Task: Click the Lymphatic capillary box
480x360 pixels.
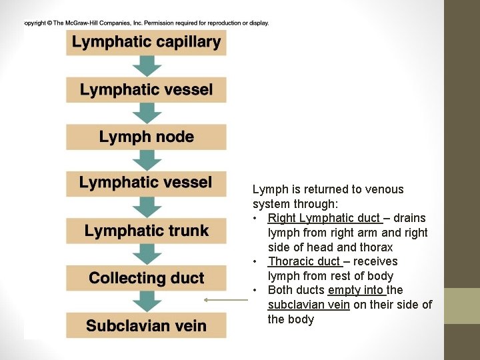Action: point(146,42)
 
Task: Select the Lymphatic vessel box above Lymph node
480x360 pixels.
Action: point(146,90)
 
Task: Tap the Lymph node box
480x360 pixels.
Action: point(146,137)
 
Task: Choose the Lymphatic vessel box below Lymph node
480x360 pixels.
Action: point(146,183)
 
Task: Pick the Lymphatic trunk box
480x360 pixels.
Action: point(146,231)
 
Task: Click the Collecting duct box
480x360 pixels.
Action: point(146,278)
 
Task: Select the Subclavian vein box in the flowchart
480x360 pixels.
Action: point(146,326)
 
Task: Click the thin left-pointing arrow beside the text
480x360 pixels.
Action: point(227,300)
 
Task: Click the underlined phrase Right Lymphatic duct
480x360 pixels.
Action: point(324,218)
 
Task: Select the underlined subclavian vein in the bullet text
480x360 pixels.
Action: point(309,305)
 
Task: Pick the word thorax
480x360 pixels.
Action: point(376,247)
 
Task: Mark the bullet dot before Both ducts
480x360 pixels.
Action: point(256,291)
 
